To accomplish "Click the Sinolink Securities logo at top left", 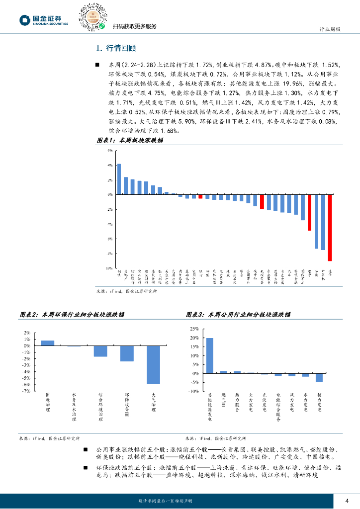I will coord(43,19).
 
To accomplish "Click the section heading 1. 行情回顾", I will coord(115,48).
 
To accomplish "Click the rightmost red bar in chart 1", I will coord(330,228).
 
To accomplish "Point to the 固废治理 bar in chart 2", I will coord(47,343).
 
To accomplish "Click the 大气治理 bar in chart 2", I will coord(153,365).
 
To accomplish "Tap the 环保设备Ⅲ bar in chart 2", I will coord(127,353).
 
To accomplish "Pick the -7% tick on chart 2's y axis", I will coord(26,391).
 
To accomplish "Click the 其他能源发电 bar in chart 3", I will coord(210,355).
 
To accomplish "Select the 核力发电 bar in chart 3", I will coord(319,378).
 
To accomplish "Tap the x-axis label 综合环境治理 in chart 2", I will coord(100,406).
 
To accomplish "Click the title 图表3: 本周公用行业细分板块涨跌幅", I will coord(239,315).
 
